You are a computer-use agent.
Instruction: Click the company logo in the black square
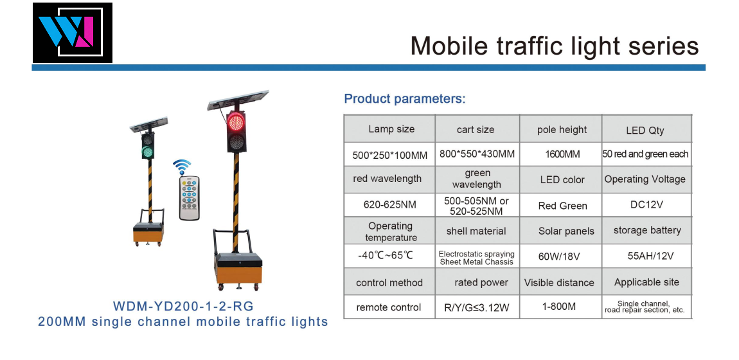coord(73,33)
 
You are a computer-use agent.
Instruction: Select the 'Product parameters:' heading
coord(405,99)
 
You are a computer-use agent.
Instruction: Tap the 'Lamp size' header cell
coord(391,129)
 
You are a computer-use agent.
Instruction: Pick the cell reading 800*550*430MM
coord(477,154)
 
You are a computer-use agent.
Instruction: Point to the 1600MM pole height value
coord(562,154)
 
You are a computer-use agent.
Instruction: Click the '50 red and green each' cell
coord(645,154)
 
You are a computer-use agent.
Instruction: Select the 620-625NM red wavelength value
coord(389,205)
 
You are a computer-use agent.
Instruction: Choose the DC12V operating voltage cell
coord(646,204)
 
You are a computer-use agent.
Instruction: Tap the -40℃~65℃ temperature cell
coord(386,255)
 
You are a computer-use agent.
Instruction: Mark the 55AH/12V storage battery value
coord(650,256)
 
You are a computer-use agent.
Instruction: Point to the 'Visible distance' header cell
coord(559,283)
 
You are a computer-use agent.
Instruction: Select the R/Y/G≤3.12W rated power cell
coord(476,308)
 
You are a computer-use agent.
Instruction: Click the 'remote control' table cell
coord(388,307)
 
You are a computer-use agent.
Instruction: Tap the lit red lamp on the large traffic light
coord(236,122)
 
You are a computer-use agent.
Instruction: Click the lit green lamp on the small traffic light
coord(148,152)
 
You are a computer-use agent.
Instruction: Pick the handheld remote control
coord(189,197)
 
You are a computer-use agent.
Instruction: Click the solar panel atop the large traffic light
coord(238,100)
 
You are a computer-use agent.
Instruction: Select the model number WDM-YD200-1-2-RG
coord(183,306)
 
